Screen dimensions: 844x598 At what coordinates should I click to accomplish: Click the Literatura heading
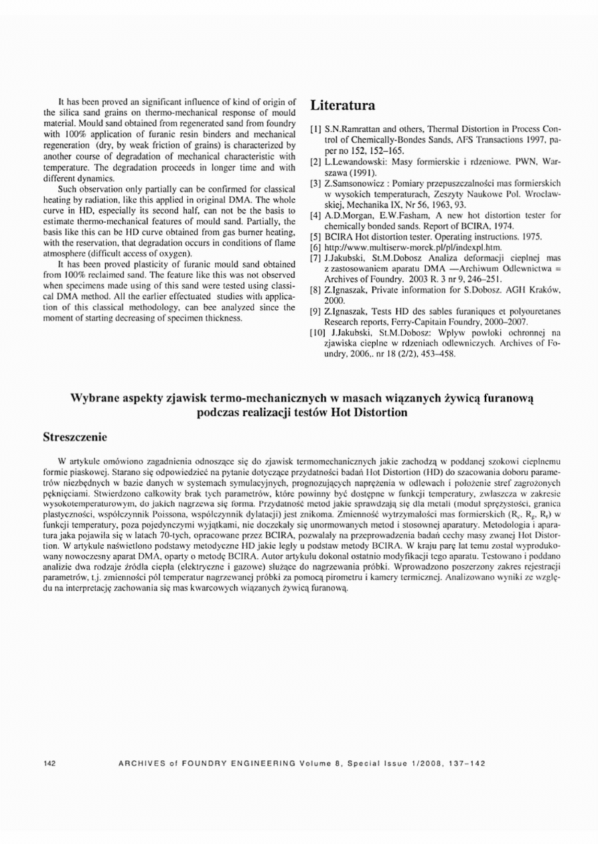click(342, 106)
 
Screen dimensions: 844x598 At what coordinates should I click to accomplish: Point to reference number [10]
click(315, 331)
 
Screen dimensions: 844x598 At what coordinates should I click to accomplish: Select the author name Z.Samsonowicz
click(356, 183)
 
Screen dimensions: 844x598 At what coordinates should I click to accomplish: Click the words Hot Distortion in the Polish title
click(372, 412)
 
